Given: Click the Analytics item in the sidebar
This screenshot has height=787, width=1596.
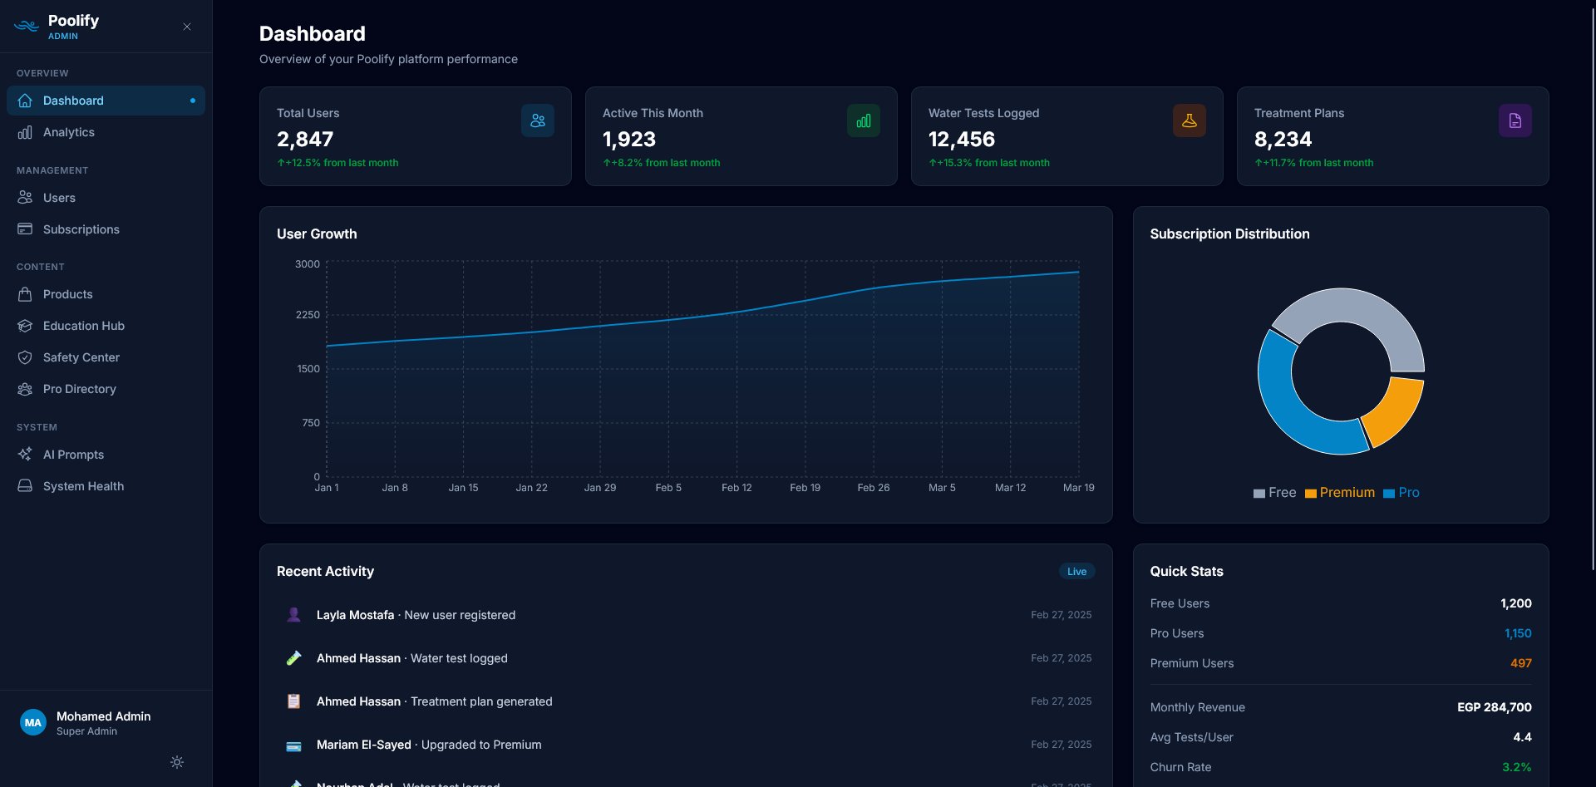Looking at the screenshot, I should coord(68,132).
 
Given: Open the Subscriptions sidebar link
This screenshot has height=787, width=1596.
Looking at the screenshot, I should coord(81,229).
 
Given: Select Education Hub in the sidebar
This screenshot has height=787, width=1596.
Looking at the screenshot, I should coord(83,326).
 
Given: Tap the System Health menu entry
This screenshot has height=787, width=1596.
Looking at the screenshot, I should coord(83,486).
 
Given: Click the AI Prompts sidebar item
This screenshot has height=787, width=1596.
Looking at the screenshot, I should coord(73,455).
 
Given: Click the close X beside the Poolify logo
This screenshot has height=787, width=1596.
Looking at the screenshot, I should coord(187,27).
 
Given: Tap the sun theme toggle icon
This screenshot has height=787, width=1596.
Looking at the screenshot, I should coord(177,762).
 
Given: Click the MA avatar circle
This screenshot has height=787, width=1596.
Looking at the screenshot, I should coord(33,723).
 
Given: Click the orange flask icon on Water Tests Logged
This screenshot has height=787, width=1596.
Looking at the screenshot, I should coord(1189,121).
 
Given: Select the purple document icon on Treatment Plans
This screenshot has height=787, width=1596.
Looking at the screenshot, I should coord(1515,121).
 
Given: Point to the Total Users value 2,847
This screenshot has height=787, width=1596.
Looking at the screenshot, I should coord(305,140).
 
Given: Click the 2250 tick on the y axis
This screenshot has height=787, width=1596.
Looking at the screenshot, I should coord(308,315).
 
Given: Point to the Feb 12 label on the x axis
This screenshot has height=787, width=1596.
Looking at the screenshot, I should coord(736,488).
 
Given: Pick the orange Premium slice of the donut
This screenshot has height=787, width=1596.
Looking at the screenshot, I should coord(1393,411).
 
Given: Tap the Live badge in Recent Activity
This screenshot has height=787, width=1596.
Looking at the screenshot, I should coord(1076,572).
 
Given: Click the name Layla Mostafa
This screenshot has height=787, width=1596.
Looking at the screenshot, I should coord(355,615).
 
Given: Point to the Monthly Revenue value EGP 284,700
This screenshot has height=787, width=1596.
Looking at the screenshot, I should coord(1494,707).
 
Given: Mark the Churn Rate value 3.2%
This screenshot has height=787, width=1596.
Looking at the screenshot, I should coord(1516,767).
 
